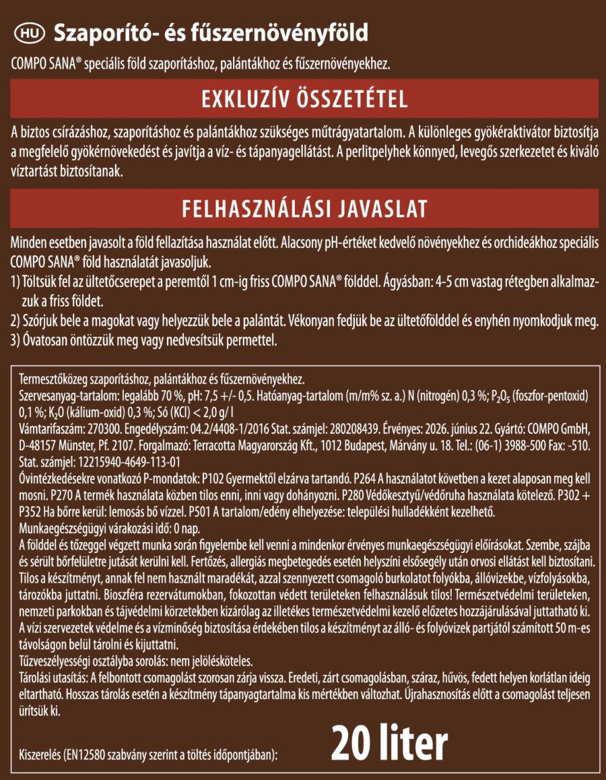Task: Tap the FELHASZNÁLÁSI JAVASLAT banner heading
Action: click(x=304, y=209)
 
